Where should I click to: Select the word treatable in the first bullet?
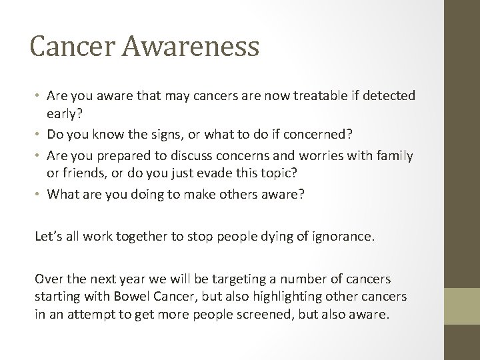[313, 97]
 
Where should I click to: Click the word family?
[394, 156]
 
